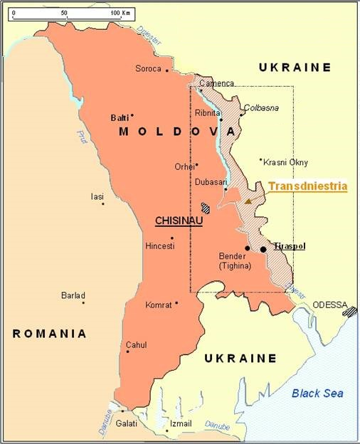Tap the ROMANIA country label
(x=49, y=333)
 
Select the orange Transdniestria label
(x=307, y=186)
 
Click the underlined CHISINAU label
(x=179, y=221)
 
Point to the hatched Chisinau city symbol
(x=206, y=208)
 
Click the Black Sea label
(x=317, y=393)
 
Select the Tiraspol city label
(x=290, y=245)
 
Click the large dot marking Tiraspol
(x=263, y=249)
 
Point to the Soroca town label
(x=148, y=69)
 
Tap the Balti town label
(x=120, y=117)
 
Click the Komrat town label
(x=158, y=305)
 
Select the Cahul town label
(x=136, y=345)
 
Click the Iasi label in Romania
(x=97, y=196)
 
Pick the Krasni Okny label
(x=285, y=162)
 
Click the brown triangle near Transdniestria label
(x=248, y=201)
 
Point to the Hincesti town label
(x=159, y=245)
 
